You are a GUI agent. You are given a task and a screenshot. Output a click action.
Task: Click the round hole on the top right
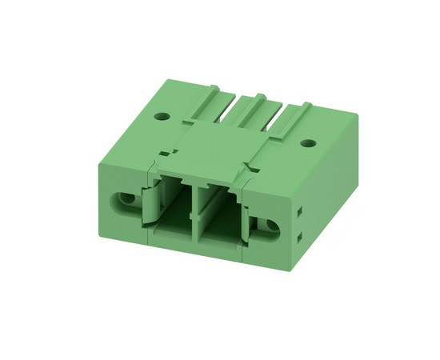click(306, 144)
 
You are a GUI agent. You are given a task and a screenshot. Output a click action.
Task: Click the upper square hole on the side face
click(298, 211)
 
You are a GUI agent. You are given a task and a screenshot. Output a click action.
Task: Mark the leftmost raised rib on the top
click(214, 99)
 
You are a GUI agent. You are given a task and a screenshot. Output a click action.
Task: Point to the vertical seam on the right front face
click(246, 200)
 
